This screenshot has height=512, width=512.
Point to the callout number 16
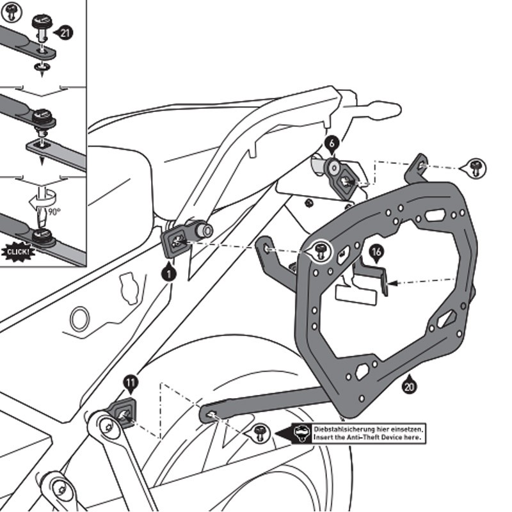pyautogui.click(x=376, y=253)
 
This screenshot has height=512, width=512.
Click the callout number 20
pyautogui.click(x=410, y=385)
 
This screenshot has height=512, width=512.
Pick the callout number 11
pyautogui.click(x=130, y=384)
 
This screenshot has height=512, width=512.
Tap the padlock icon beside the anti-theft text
pyautogui.click(x=300, y=433)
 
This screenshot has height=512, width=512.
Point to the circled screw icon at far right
pyautogui.click(x=476, y=168)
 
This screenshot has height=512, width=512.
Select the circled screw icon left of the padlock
pyautogui.click(x=260, y=433)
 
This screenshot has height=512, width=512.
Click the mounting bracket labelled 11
pyautogui.click(x=123, y=412)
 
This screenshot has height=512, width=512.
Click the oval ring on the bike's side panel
pyautogui.click(x=81, y=318)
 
